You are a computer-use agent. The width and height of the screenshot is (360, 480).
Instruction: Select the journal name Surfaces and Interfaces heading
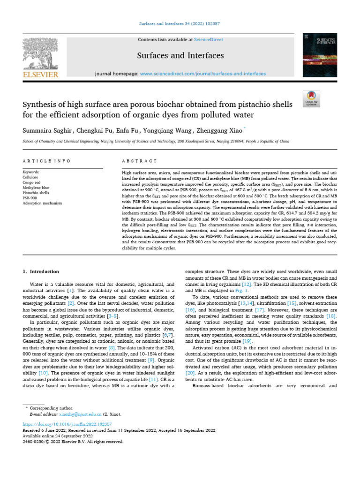click(x=180, y=56)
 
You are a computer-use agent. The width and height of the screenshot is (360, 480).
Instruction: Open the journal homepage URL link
click(x=203, y=74)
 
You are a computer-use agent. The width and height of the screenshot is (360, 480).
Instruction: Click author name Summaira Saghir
click(x=43, y=129)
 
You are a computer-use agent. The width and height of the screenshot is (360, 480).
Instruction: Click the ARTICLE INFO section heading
click(x=46, y=161)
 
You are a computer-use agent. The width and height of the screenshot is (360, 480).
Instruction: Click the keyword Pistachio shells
click(x=35, y=192)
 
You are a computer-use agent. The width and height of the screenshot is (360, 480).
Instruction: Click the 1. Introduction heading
click(x=41, y=271)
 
